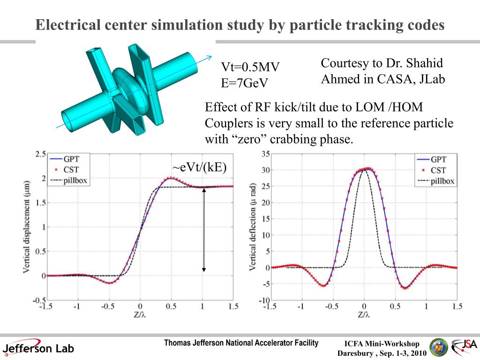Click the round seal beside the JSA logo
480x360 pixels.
tap(439, 347)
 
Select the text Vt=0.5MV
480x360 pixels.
tap(250, 68)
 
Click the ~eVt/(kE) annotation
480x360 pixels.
tap(199, 168)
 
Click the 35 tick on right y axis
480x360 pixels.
tap(266, 154)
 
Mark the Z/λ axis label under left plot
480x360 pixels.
tap(139, 315)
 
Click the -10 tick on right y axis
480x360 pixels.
tap(265, 300)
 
